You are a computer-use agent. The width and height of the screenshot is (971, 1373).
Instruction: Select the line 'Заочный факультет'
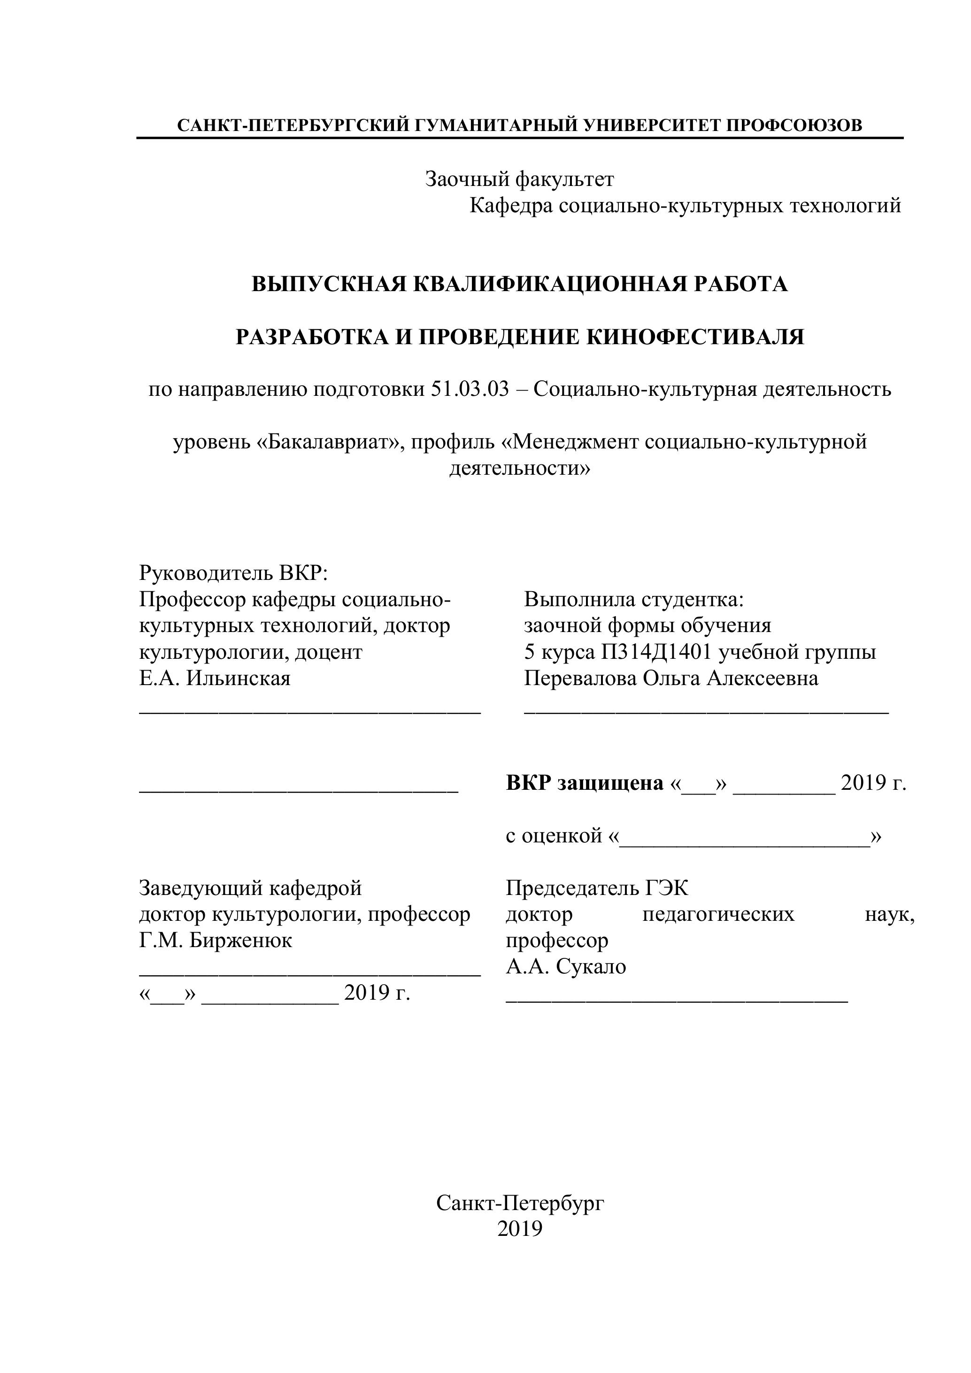(x=519, y=179)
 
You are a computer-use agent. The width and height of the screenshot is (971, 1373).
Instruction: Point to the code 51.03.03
(x=470, y=389)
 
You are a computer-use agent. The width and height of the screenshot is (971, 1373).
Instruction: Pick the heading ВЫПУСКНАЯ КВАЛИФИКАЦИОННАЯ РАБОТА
(x=519, y=284)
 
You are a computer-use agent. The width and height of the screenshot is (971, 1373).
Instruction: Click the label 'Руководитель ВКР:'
(x=233, y=573)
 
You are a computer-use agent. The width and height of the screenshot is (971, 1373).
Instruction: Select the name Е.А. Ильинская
(x=215, y=678)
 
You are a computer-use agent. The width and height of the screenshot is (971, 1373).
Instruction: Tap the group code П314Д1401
(x=656, y=652)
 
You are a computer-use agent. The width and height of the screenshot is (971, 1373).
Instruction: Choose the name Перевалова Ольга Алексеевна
(x=671, y=678)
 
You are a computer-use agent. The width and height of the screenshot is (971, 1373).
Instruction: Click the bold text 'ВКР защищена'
(x=584, y=783)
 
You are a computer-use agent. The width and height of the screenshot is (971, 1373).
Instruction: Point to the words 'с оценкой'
(x=553, y=835)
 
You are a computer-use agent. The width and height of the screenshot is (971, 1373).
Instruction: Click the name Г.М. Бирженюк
(x=215, y=941)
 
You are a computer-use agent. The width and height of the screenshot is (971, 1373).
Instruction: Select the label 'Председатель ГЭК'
(x=597, y=888)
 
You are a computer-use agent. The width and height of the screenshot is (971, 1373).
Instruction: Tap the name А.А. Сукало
(x=566, y=967)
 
